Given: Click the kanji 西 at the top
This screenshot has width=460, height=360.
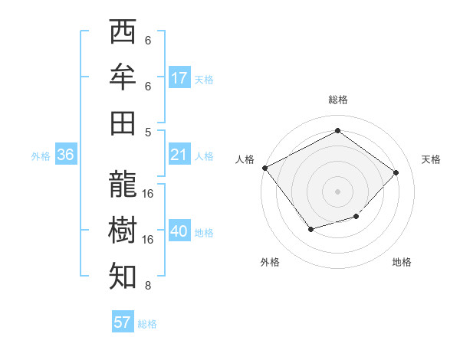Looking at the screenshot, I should click(x=123, y=33).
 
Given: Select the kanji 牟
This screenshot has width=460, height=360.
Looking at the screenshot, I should click(x=123, y=77).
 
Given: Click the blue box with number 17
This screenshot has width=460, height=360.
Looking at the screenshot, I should click(x=179, y=77).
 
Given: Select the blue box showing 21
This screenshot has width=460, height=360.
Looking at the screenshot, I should click(x=179, y=155).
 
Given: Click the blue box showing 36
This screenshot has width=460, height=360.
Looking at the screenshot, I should click(x=66, y=155).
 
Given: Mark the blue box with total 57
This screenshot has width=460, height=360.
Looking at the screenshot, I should click(x=123, y=322).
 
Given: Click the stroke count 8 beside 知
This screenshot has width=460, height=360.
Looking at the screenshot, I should click(x=147, y=286).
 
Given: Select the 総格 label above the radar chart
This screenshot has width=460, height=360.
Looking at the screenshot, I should click(x=337, y=100).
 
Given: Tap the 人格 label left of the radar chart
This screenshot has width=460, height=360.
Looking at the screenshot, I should click(x=245, y=159).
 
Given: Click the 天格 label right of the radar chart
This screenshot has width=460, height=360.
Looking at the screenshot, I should click(x=431, y=159).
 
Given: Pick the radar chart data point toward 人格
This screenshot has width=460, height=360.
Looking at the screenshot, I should click(x=265, y=168).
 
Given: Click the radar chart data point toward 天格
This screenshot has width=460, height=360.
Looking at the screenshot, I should click(x=396, y=172).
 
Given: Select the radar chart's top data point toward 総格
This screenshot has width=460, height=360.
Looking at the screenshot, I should click(x=337, y=131).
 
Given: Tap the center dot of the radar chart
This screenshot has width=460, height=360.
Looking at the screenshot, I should click(x=337, y=191).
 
